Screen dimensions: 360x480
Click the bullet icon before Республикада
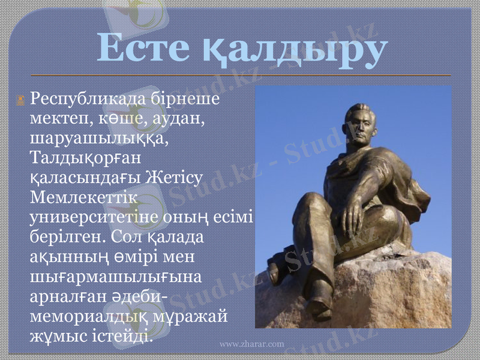click(21, 97)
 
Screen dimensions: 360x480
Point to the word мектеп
click(58, 118)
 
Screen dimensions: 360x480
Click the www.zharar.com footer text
click(251, 344)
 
